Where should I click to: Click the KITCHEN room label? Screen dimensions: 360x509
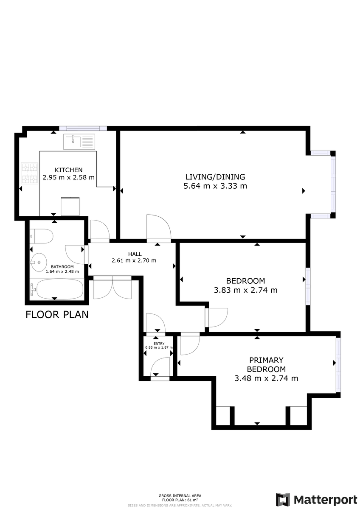click(68, 170)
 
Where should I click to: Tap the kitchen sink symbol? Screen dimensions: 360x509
click(79, 142)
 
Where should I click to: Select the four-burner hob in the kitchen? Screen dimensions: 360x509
click(30, 173)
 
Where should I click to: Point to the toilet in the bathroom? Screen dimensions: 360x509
click(41, 236)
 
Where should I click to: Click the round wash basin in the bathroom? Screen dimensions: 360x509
click(39, 263)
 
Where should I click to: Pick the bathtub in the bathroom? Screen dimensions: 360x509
click(57, 289)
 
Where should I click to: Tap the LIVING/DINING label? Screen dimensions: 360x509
click(215, 176)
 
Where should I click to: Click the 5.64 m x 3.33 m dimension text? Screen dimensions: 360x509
click(215, 186)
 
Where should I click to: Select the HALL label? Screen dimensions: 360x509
click(135, 254)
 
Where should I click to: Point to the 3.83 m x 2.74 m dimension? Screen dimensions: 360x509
click(246, 290)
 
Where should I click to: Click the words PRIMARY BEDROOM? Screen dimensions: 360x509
click(266, 364)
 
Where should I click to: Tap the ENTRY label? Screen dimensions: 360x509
click(159, 344)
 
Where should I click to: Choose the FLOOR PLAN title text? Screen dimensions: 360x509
click(57, 314)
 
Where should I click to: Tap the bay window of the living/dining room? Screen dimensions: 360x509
click(333, 184)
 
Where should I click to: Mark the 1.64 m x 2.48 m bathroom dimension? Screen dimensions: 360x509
click(62, 271)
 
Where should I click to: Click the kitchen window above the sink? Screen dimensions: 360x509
click(83, 129)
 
